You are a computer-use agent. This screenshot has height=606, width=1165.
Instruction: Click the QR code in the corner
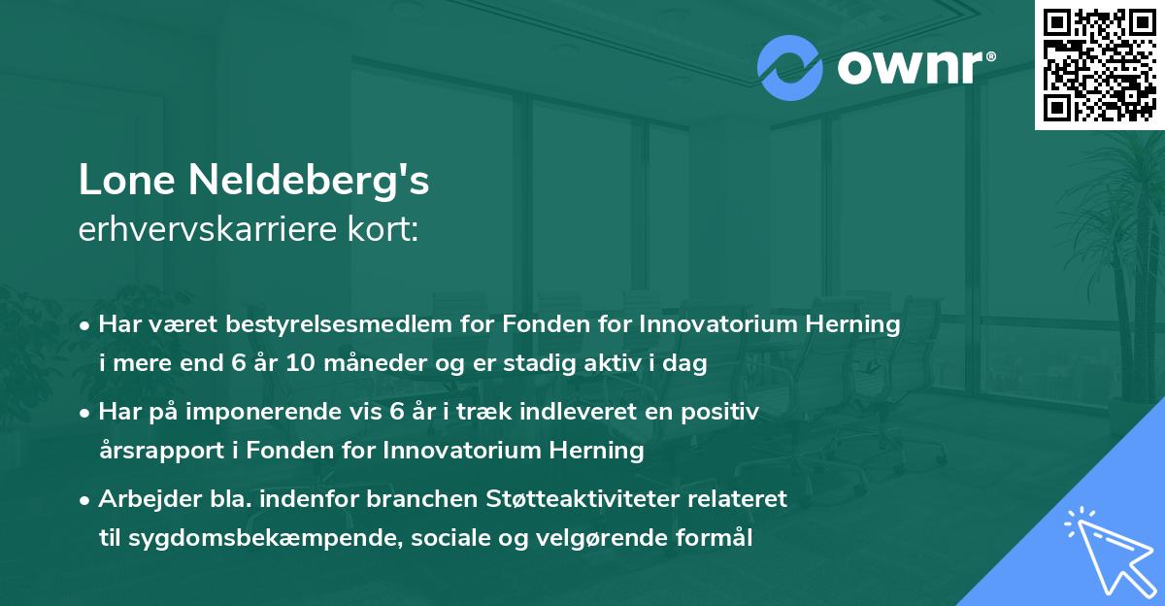(1098, 64)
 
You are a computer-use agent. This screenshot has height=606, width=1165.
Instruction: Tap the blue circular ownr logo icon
(788, 68)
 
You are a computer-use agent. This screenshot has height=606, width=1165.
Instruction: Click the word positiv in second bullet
(723, 413)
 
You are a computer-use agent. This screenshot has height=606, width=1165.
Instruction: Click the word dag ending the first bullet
(688, 364)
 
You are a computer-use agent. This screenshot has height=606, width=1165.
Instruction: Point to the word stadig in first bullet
(572, 364)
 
